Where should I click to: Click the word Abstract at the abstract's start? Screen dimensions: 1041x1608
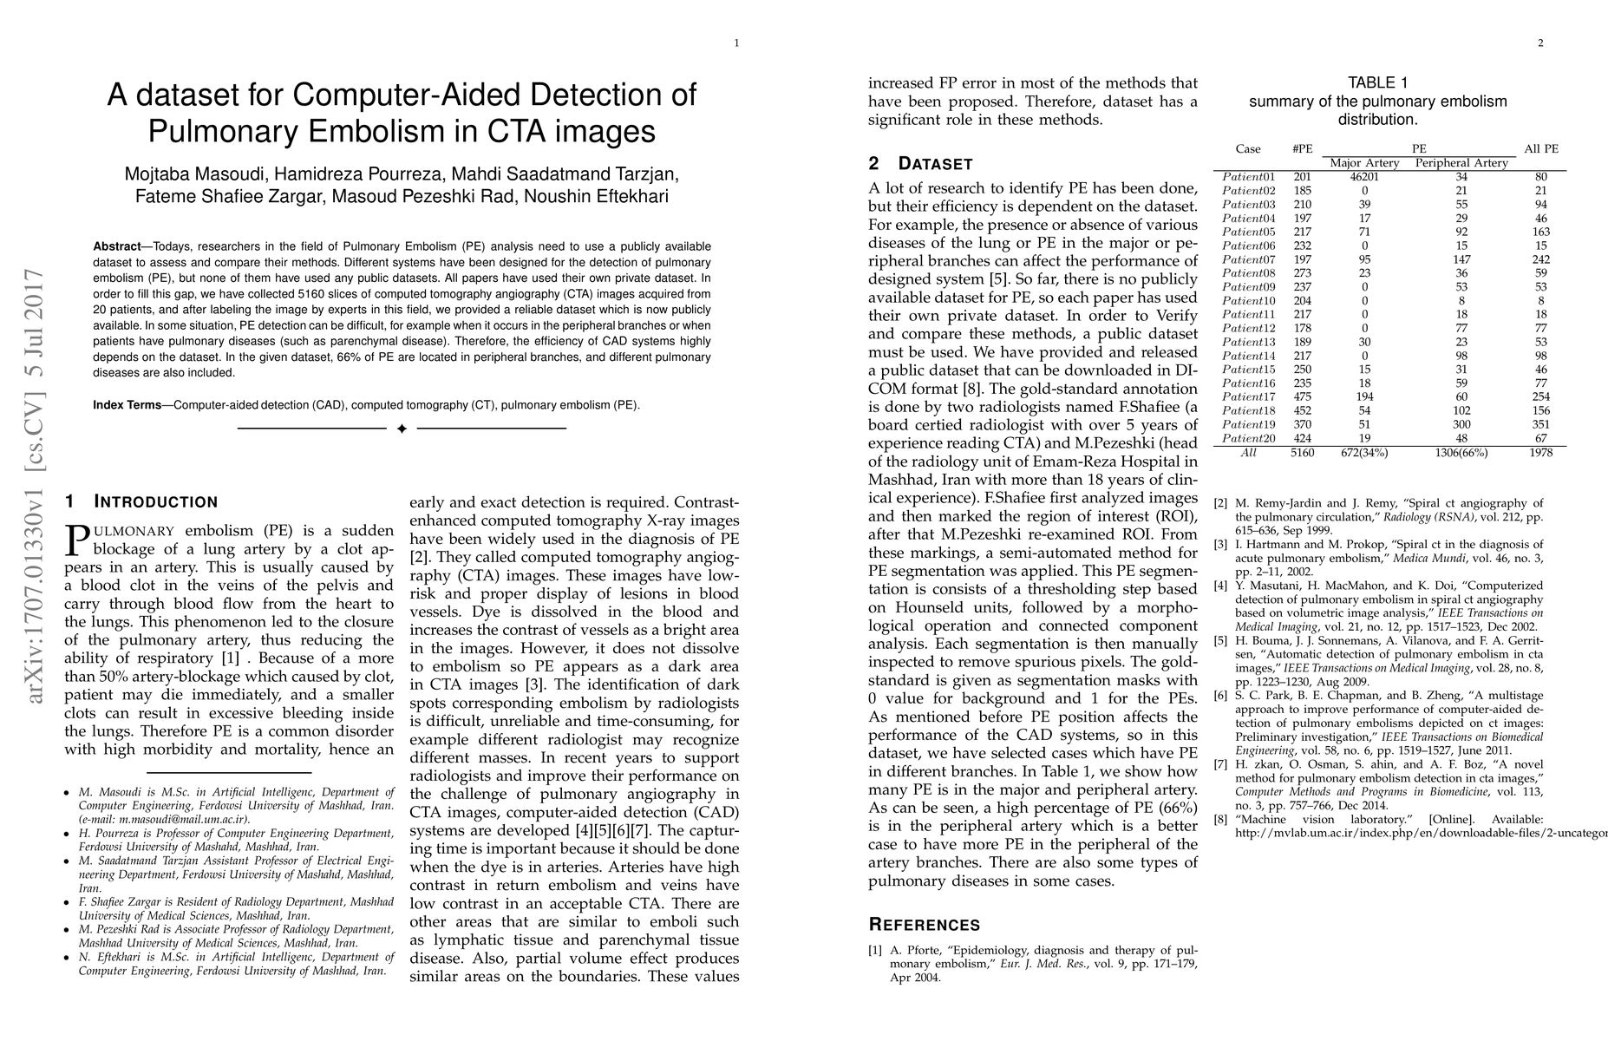[117, 246]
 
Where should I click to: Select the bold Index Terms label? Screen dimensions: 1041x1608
[127, 405]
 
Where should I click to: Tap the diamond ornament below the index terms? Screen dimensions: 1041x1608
[402, 429]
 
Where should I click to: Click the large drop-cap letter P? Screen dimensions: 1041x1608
[77, 540]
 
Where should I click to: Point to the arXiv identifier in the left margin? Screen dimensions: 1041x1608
[36, 486]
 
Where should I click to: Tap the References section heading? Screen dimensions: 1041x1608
[924, 925]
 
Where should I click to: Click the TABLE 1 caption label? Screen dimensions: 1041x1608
[1377, 83]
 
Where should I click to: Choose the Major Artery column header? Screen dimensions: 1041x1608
[1364, 163]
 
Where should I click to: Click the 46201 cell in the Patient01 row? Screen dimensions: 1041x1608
[1364, 177]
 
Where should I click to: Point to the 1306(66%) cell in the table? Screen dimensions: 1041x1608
[1461, 452]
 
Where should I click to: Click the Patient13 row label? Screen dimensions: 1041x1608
[1248, 342]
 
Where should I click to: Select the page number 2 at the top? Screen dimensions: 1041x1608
[1540, 43]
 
